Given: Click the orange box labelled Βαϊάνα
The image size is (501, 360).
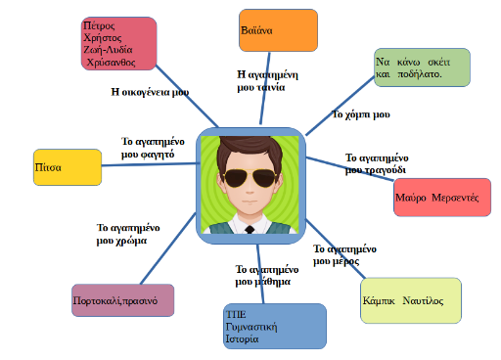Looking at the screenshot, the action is [x=278, y=30].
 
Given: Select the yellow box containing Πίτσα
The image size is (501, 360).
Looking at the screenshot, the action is [x=68, y=167].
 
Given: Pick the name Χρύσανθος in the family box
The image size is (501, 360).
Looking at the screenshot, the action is [x=111, y=62].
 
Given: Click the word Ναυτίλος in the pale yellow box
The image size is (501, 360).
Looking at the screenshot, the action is [x=423, y=300].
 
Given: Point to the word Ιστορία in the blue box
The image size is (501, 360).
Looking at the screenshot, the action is [x=242, y=338].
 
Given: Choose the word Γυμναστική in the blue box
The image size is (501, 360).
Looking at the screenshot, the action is [x=251, y=327].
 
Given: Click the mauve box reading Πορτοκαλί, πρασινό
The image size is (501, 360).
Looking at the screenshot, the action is [x=123, y=300].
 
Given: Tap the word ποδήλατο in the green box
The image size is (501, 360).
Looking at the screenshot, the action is [x=419, y=74].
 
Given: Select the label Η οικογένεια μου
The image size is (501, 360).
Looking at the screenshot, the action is [x=150, y=92].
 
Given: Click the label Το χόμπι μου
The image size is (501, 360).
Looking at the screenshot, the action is [x=361, y=114].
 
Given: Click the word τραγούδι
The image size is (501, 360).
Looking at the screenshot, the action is [x=386, y=170].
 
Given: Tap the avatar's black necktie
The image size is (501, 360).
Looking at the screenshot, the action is [x=250, y=229].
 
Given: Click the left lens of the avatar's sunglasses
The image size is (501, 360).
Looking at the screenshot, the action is [x=236, y=178].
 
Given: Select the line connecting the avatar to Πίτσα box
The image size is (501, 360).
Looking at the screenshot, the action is [x=151, y=164].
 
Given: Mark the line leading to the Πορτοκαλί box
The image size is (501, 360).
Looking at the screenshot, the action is [x=168, y=248].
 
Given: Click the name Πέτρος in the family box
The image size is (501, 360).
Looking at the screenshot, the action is [x=99, y=25].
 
